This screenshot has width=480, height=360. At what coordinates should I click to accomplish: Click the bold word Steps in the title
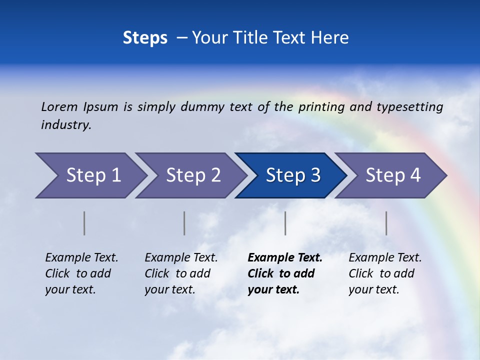[145, 38]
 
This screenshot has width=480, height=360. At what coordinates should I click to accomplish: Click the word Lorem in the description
[59, 106]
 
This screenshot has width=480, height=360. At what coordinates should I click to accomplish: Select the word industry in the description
[66, 125]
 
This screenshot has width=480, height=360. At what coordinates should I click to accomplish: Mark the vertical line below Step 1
[84, 223]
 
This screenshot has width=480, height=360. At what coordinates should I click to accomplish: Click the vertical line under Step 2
[184, 223]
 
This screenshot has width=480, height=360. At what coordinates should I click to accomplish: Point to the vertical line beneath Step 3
[285, 223]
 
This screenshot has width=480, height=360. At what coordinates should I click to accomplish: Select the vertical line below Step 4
[386, 223]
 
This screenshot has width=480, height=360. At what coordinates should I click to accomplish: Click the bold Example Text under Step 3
[285, 258]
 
